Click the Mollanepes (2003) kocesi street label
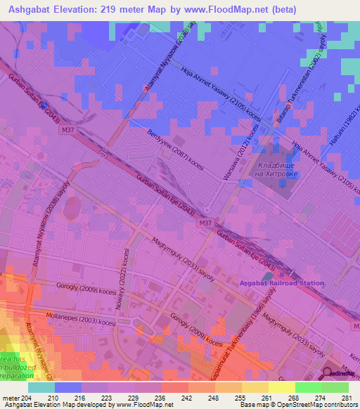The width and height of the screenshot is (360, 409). (72, 320)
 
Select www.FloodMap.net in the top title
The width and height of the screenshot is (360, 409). (229, 9)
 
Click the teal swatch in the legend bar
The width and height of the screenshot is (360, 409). (41, 387)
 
